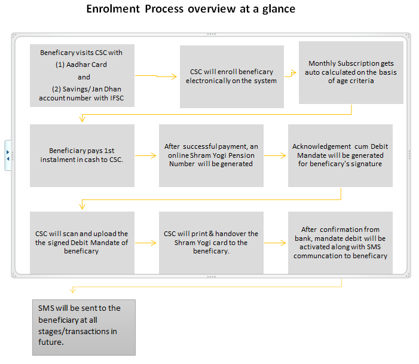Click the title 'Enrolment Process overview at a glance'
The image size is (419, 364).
[x=191, y=9]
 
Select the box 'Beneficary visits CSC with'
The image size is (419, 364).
[x=82, y=76]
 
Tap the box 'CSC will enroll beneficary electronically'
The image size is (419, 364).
[x=232, y=77]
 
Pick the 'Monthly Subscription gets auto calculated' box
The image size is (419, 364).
[x=351, y=72]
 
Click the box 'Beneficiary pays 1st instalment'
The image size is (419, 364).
[x=82, y=155]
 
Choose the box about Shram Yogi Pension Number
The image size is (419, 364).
[x=211, y=155]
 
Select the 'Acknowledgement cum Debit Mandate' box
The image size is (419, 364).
[x=340, y=155]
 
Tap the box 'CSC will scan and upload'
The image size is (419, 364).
[x=82, y=243]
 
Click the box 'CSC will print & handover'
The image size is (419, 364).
[x=211, y=243]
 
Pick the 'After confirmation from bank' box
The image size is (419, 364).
[x=340, y=243]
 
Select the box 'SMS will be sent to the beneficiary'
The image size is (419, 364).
[x=84, y=328]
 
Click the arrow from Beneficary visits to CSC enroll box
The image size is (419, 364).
[x=156, y=76]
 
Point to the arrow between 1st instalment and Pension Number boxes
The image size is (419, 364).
[x=146, y=155]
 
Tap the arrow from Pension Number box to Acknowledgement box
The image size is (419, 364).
[x=275, y=155]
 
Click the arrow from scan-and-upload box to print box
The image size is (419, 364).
[x=146, y=243]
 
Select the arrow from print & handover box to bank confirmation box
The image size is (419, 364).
[x=275, y=243]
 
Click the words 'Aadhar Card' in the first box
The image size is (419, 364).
[x=86, y=65]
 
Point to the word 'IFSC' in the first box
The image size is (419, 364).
[x=117, y=98]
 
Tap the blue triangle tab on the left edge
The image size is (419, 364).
[x=8, y=155]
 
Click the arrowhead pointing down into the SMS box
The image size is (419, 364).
[x=73, y=290]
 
